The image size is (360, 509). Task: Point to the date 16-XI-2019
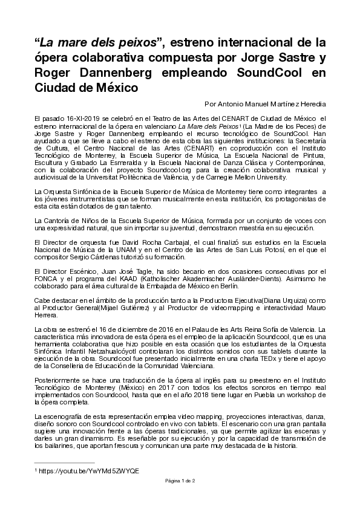tap(76, 118)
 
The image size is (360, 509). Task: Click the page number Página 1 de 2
tap(180, 479)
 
